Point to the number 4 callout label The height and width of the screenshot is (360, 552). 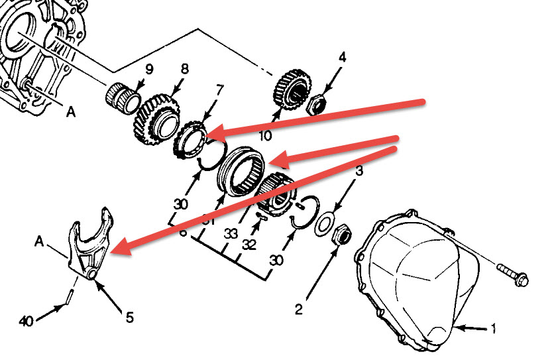tap(342, 58)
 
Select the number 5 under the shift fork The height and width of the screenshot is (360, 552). tap(129, 318)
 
